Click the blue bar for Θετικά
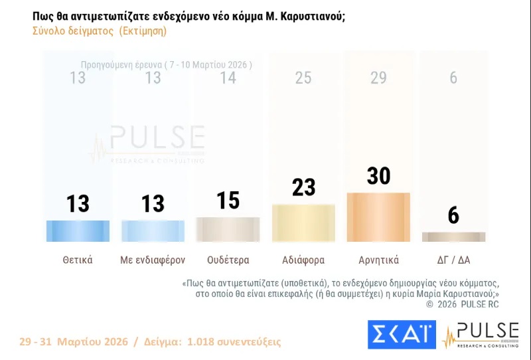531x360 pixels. (x=78, y=230)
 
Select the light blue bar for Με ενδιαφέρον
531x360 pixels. (x=153, y=230)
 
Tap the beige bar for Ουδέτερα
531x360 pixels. (x=228, y=229)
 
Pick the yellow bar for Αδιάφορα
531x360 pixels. (x=303, y=223)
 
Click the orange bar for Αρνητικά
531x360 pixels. (x=378, y=217)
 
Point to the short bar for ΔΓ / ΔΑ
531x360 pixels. (x=453, y=236)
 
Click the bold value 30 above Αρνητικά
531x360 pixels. (x=378, y=176)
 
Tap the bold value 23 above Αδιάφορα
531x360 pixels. (x=303, y=187)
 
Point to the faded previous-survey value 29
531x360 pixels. (x=378, y=78)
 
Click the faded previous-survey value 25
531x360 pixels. (x=303, y=78)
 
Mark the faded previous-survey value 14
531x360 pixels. (x=228, y=78)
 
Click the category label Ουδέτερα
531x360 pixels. (x=228, y=260)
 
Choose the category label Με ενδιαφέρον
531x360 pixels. (x=153, y=260)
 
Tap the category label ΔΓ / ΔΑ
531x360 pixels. (x=453, y=260)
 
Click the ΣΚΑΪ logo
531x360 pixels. (x=402, y=334)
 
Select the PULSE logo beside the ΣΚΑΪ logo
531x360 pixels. (x=480, y=335)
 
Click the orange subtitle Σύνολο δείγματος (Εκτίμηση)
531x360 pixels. (x=100, y=31)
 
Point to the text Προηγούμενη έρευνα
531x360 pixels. (x=121, y=64)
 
